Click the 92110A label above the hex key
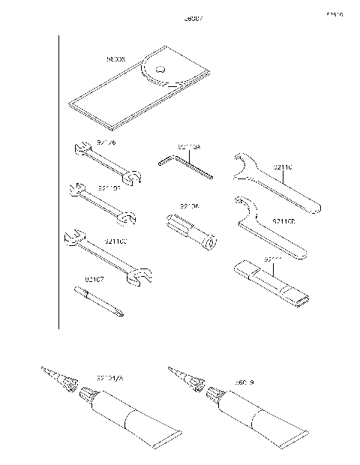189,148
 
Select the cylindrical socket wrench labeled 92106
190,231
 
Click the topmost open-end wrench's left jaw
78,149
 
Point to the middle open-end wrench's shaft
100,203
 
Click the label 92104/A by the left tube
109,379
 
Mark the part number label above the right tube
244,382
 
